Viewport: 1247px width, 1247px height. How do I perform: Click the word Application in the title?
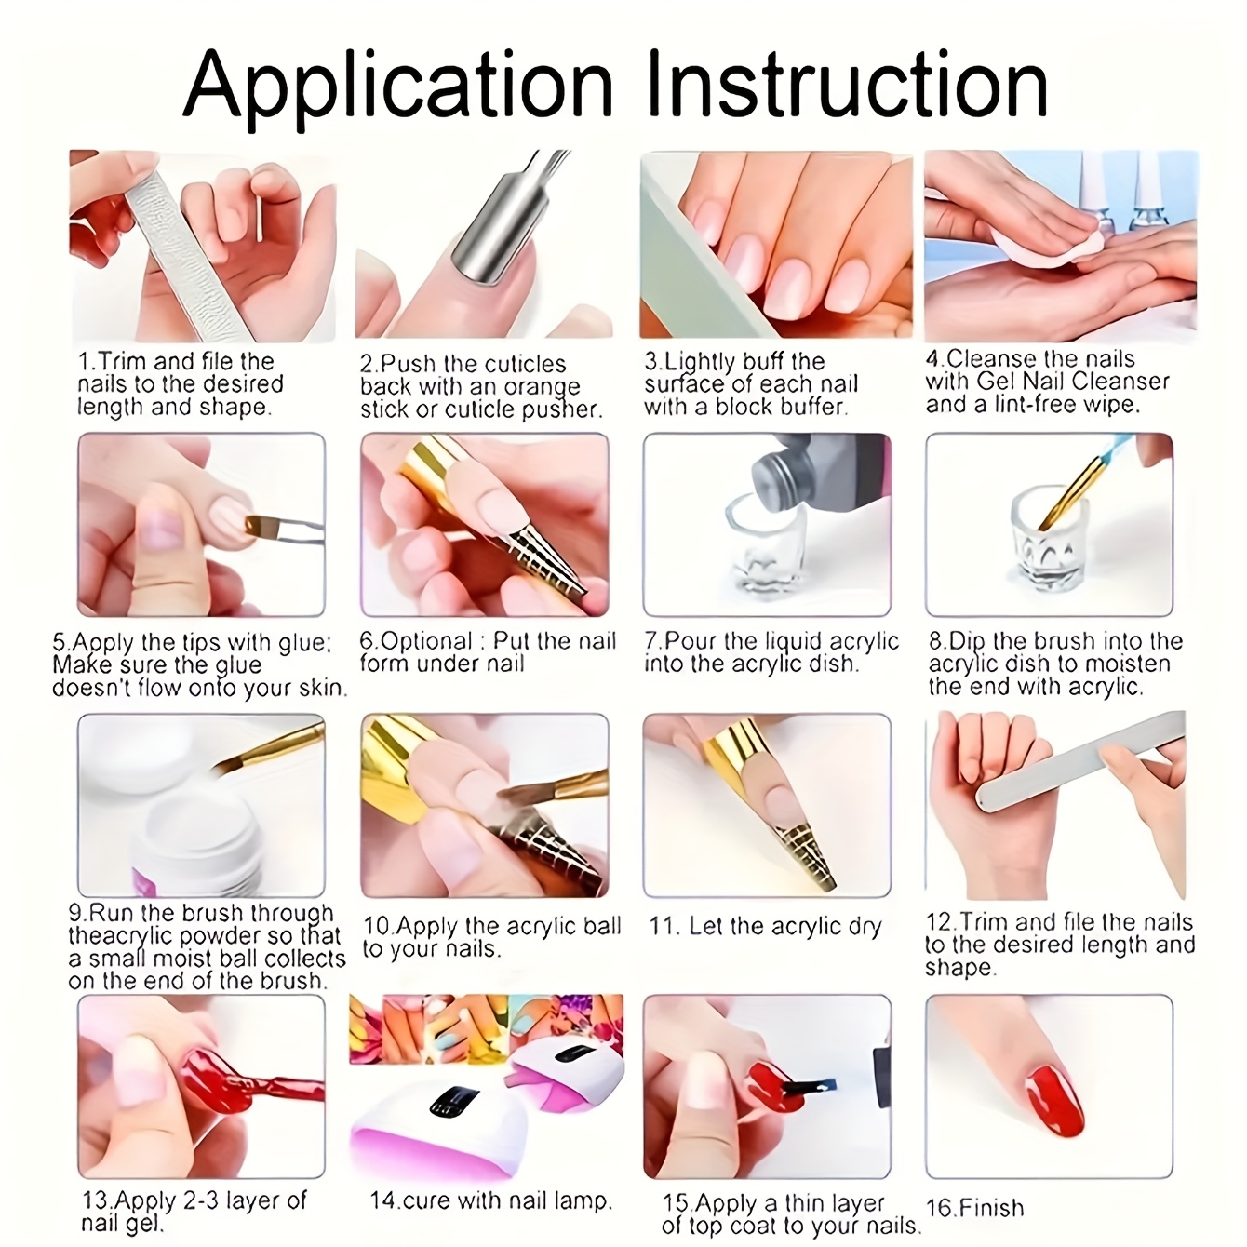coord(397,88)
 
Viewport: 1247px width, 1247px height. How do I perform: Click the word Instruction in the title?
coord(847,84)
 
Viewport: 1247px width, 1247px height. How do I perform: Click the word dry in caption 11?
coord(865,927)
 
